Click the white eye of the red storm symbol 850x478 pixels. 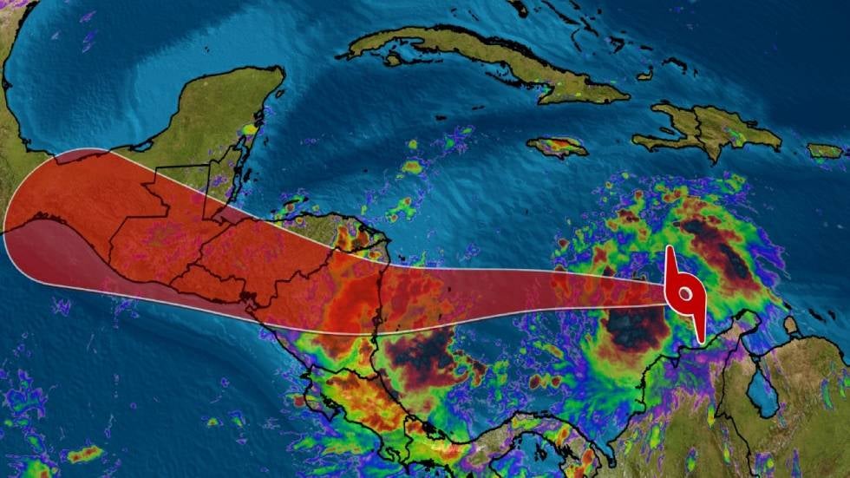pyautogui.click(x=685, y=295)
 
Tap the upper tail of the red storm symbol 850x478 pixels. pyautogui.click(x=670, y=258)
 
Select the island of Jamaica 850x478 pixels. pyautogui.click(x=557, y=147)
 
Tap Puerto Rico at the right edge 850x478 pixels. pyautogui.click(x=825, y=151)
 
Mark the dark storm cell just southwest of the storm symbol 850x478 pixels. pyautogui.click(x=636, y=329)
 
